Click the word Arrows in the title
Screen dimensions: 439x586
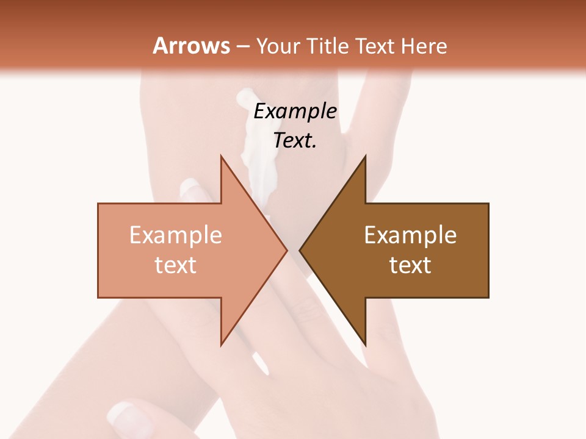pyautogui.click(x=191, y=46)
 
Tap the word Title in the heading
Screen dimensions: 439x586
pyautogui.click(x=331, y=46)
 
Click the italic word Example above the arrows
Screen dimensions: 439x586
pyautogui.click(x=295, y=111)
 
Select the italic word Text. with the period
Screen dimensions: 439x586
pyautogui.click(x=295, y=140)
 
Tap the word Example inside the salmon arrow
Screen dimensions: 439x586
pyautogui.click(x=175, y=235)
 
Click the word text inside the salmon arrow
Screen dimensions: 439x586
pyautogui.click(x=175, y=265)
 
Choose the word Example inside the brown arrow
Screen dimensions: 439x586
pyautogui.click(x=410, y=235)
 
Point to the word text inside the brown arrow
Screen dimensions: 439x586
pyautogui.click(x=410, y=265)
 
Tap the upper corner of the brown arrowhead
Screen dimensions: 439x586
pyautogui.click(x=365, y=157)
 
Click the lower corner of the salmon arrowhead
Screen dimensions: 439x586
pyautogui.click(x=221, y=344)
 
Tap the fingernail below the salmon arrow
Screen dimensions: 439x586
pyautogui.click(x=125, y=415)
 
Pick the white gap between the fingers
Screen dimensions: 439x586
pyautogui.click(x=261, y=363)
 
